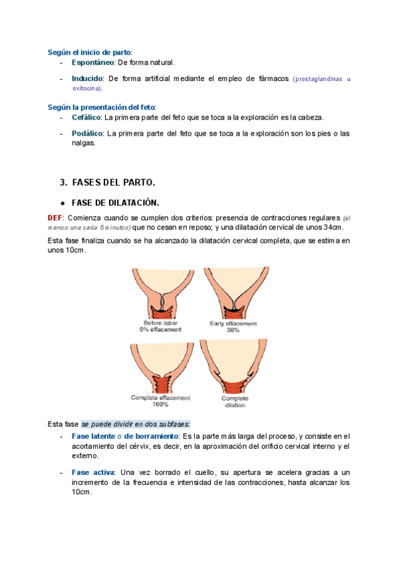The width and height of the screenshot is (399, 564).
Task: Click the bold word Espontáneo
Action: point(93,63)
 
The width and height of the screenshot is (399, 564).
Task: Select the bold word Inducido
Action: point(87,78)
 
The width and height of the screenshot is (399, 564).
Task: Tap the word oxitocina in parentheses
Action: point(86,88)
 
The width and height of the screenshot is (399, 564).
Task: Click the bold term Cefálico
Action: point(86,117)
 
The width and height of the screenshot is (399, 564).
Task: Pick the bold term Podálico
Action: point(87,133)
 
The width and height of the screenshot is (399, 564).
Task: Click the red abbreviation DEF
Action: point(55,217)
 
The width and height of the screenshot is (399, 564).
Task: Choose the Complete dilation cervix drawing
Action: point(235,368)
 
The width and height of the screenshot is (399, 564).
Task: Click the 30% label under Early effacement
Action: point(233,330)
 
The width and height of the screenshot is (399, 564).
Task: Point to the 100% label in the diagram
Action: point(161,404)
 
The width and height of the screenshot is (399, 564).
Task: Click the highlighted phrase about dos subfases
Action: point(136,424)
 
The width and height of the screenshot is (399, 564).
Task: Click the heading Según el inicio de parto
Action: point(89,51)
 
